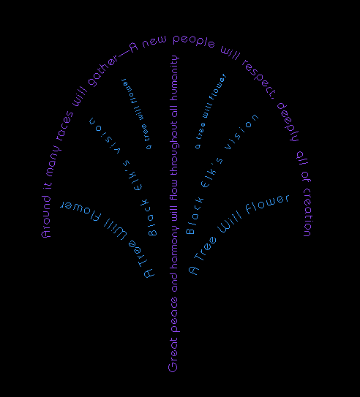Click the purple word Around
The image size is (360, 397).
click(46, 216)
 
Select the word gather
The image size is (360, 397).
click(103, 71)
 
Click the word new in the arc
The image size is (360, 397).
click(154, 41)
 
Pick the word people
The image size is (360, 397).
click(194, 41)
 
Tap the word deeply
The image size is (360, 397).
click(288, 122)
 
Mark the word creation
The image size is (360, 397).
click(309, 212)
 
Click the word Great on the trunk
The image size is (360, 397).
click(173, 355)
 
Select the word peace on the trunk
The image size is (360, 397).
click(175, 314)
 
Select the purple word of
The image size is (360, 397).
click(306, 177)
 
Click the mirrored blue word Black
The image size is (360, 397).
click(149, 217)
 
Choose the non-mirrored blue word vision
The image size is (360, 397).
click(241, 132)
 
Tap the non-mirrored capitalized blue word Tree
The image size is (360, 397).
click(204, 249)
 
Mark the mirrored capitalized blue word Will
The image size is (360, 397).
click(116, 228)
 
